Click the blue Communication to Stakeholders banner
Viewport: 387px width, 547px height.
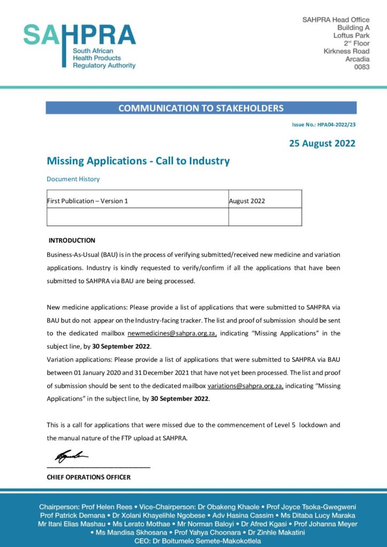tap(200, 108)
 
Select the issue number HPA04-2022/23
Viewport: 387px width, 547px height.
tap(324, 124)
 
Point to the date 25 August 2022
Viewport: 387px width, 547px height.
tap(322, 143)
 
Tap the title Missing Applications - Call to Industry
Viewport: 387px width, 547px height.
tap(138, 161)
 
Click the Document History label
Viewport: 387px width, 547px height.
tap(73, 179)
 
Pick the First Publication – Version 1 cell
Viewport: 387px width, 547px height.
tap(88, 201)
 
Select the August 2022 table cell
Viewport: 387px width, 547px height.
tap(247, 201)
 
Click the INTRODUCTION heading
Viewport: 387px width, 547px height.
tap(72, 240)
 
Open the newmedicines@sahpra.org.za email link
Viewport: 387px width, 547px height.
tap(172, 333)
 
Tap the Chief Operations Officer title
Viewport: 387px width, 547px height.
tap(89, 477)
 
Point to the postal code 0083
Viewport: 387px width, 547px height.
tap(362, 67)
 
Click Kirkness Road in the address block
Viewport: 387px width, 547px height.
tap(346, 51)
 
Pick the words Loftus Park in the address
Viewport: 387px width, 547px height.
tap(351, 35)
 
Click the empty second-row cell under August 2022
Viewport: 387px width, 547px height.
tap(265, 217)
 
